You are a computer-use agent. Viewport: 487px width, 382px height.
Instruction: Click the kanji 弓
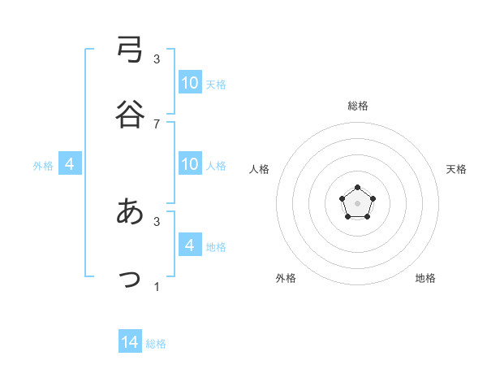coord(130,50)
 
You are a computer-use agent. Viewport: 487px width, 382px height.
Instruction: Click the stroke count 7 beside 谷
coord(157,124)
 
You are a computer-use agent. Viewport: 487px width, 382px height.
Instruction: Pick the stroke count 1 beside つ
coord(157,286)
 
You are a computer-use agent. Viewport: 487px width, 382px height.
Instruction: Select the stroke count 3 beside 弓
coord(157,59)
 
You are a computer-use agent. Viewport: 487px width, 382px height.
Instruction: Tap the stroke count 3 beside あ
coord(157,220)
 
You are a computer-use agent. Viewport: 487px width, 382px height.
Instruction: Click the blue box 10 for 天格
coord(190,83)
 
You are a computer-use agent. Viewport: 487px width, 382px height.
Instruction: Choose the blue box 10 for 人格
coord(190,164)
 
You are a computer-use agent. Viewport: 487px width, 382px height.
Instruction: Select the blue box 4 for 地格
coord(190,245)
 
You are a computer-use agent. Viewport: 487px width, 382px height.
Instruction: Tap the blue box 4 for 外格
coord(70,164)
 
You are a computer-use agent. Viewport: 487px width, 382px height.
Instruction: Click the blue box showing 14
coord(130,342)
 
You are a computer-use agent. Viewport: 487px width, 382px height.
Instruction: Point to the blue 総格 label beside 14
coord(156,344)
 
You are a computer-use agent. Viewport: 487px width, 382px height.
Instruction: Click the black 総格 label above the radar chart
coord(358,106)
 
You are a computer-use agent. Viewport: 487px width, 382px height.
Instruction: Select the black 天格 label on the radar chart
coord(457,169)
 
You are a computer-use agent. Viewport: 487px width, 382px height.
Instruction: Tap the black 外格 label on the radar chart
coord(286,278)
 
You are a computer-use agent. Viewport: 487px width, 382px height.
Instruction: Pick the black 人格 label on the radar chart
coord(260,169)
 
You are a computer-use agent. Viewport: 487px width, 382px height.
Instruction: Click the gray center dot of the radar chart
coord(357,202)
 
